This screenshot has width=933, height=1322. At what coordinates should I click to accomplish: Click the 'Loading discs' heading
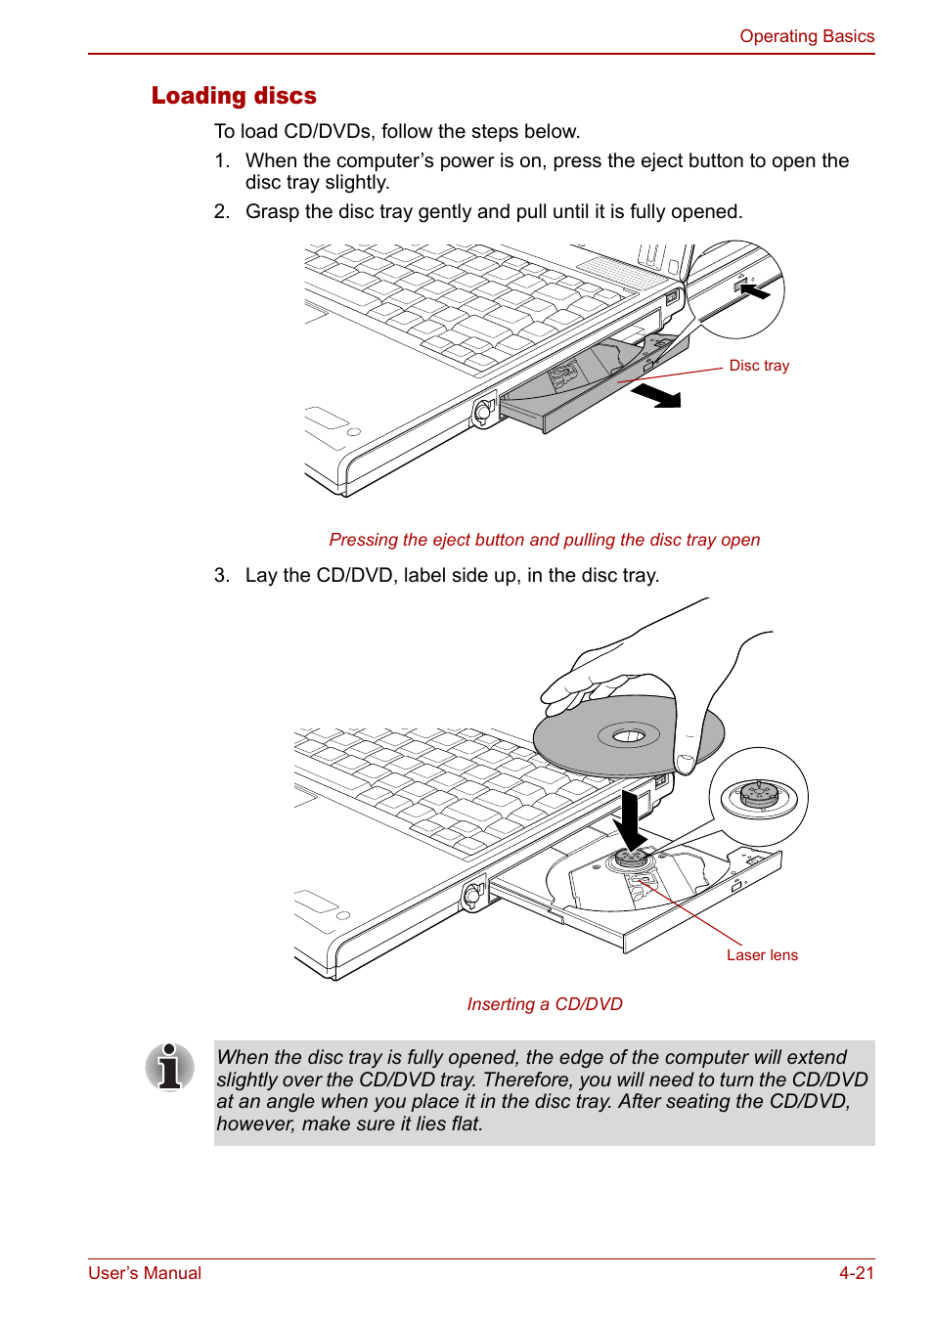pyautogui.click(x=234, y=96)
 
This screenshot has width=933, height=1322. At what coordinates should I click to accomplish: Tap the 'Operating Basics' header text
pyautogui.click(x=806, y=36)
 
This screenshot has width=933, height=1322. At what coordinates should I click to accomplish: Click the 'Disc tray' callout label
pyautogui.click(x=759, y=366)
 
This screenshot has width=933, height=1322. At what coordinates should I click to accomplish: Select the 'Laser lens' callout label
pyautogui.click(x=762, y=955)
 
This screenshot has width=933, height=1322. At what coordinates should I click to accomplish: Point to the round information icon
pyautogui.click(x=170, y=1067)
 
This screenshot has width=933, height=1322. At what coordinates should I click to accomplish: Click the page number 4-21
pyautogui.click(x=856, y=1273)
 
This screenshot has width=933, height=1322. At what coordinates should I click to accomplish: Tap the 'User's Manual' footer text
pyautogui.click(x=145, y=1273)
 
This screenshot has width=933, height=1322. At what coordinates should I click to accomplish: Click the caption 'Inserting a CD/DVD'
pyautogui.click(x=545, y=1004)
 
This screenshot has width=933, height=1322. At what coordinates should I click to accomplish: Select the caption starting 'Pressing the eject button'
pyautogui.click(x=544, y=540)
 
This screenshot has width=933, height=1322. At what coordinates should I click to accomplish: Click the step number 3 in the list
pyautogui.click(x=221, y=575)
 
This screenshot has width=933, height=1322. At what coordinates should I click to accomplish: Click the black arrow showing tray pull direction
pyautogui.click(x=656, y=395)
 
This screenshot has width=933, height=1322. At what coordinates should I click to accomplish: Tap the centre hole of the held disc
pyautogui.click(x=629, y=735)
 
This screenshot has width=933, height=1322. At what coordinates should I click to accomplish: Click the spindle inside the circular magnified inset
pyautogui.click(x=759, y=794)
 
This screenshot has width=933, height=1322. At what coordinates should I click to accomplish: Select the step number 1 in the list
pyautogui.click(x=221, y=160)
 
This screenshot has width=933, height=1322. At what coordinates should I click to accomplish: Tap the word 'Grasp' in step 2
pyautogui.click(x=272, y=212)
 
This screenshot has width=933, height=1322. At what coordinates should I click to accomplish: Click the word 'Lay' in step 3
pyautogui.click(x=261, y=575)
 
